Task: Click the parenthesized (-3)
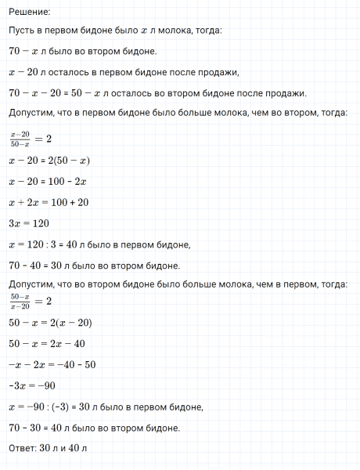(x=66, y=407)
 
